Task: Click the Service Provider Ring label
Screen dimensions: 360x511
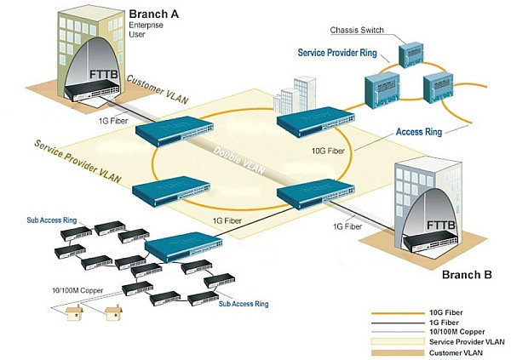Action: (337, 53)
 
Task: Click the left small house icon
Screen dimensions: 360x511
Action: (74, 315)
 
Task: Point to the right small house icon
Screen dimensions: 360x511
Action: (112, 315)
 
